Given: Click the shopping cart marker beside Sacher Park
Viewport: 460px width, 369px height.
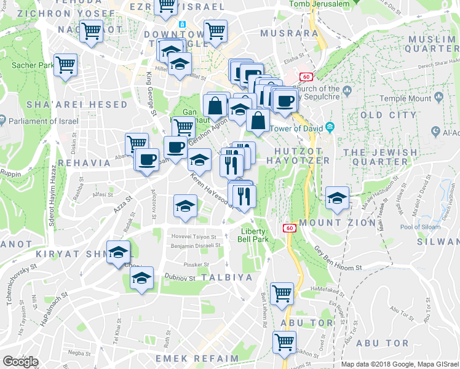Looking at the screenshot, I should [x=66, y=65].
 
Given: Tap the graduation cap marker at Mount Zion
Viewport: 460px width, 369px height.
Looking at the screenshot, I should [x=337, y=198].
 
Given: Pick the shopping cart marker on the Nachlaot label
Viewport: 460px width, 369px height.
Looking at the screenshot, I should [x=92, y=30].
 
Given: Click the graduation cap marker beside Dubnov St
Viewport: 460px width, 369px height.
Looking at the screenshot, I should [x=142, y=278].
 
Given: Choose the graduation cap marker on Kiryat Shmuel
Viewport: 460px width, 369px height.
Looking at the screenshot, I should [x=118, y=252].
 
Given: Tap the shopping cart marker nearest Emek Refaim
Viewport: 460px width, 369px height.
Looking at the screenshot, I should [x=284, y=342].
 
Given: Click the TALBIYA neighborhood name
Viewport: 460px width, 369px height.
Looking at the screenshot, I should [x=226, y=277].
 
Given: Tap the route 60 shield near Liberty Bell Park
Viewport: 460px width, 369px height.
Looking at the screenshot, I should [x=288, y=228].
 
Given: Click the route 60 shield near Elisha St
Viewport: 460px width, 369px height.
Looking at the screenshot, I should [x=306, y=77].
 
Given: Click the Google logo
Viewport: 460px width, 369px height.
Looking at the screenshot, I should [x=20, y=362].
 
